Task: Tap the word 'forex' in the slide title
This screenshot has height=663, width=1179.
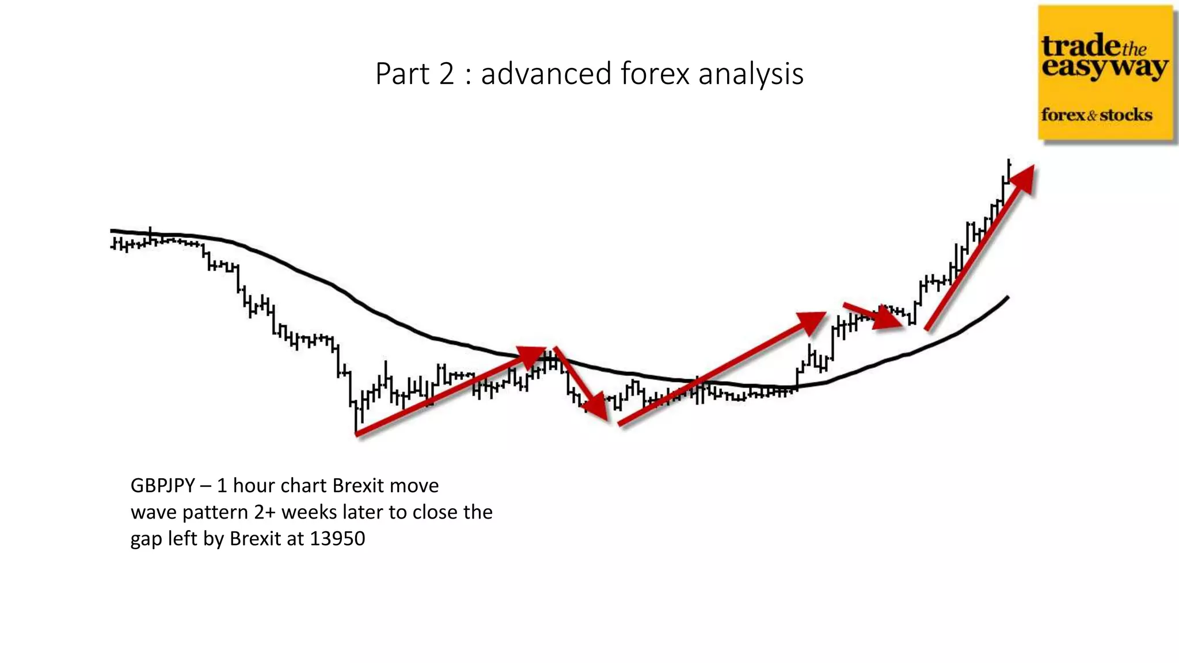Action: tap(655, 74)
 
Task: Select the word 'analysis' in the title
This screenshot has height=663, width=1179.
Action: tap(751, 75)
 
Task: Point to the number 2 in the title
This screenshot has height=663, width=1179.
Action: tap(447, 74)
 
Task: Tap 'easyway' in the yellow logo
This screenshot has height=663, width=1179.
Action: tap(1104, 67)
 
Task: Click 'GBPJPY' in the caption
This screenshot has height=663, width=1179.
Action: tap(162, 486)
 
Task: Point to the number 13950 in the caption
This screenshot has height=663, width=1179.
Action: tap(337, 539)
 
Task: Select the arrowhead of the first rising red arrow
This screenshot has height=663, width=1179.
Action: tap(533, 355)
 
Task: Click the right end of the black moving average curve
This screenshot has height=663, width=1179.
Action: tap(1007, 297)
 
